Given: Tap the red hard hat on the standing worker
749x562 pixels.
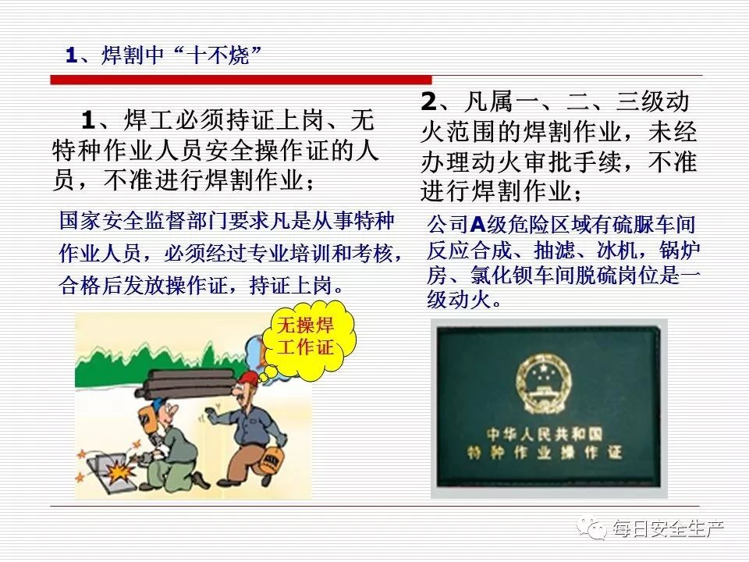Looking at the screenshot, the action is (x=247, y=379).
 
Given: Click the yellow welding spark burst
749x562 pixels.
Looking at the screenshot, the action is (x=116, y=472).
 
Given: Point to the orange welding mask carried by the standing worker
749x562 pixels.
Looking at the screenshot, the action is (x=271, y=461).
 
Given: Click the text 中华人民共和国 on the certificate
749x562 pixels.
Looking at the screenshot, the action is (x=545, y=435).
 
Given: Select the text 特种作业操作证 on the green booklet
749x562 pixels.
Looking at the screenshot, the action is (x=545, y=452).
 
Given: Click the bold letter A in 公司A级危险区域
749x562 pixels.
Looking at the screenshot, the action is (x=477, y=225).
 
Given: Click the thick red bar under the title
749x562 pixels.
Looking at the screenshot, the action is (x=241, y=80).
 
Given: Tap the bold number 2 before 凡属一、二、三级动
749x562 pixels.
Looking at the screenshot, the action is (x=428, y=101).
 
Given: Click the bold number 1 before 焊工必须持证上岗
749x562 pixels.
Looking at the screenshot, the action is (x=88, y=120).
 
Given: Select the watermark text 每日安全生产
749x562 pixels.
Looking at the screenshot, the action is (x=669, y=529).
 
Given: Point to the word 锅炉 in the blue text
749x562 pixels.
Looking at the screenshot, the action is (x=680, y=250).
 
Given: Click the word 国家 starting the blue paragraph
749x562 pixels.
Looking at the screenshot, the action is (x=80, y=221).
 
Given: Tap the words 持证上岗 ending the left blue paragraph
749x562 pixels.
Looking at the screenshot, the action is (x=290, y=286).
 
